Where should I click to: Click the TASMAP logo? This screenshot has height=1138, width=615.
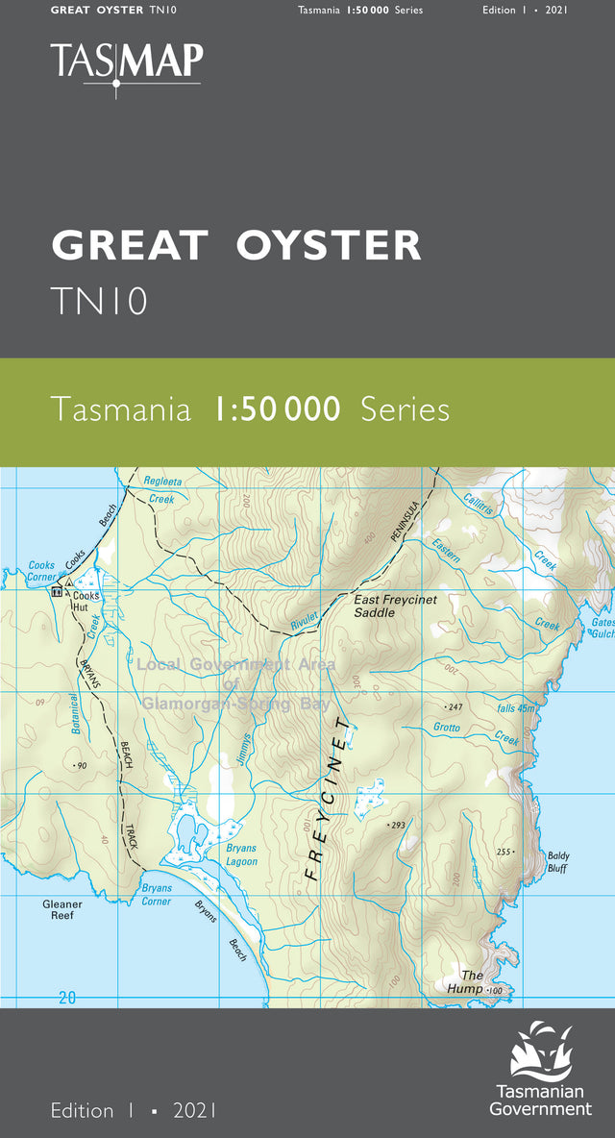(x=127, y=63)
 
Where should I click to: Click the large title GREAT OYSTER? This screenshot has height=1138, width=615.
(x=236, y=246)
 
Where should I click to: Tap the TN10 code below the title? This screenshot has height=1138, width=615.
(x=100, y=301)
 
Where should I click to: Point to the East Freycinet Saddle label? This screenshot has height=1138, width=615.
(x=395, y=606)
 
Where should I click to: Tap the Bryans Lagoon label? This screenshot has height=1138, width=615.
(x=241, y=855)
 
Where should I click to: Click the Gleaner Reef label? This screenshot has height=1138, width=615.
(x=62, y=909)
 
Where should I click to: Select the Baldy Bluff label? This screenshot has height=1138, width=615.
(x=557, y=861)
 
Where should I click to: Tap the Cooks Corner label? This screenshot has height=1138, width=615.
(x=41, y=571)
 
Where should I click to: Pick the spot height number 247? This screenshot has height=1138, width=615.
(x=455, y=706)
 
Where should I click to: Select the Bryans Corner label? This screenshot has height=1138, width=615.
(x=157, y=895)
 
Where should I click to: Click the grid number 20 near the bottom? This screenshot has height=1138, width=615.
(x=66, y=998)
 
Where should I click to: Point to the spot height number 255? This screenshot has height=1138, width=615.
(x=504, y=853)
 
